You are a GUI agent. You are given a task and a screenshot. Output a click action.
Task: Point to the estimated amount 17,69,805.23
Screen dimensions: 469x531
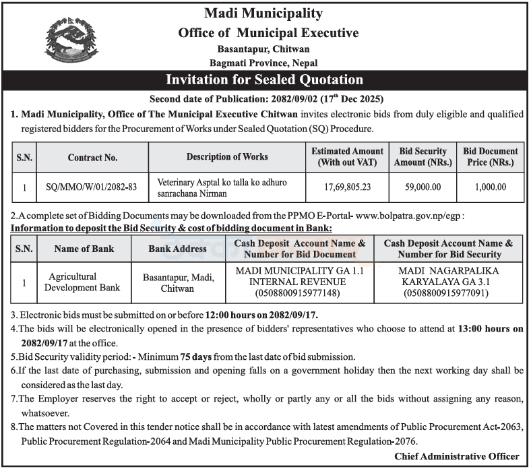tap(347, 188)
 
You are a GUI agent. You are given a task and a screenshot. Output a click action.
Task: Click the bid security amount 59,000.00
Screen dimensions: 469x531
tap(423, 188)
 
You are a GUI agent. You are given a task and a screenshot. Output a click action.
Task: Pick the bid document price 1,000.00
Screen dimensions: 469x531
tap(490, 188)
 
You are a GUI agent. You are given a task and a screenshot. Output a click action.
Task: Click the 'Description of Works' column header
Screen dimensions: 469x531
tap(227, 156)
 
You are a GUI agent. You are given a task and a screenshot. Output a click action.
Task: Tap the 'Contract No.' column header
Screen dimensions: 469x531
tap(93, 157)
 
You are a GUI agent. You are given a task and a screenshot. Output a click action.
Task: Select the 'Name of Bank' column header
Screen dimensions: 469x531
tap(85, 249)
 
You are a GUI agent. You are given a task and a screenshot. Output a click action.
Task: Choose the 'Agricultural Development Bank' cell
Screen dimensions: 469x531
tap(85, 282)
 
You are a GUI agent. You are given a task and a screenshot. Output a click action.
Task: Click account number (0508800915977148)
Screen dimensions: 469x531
tap(297, 294)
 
